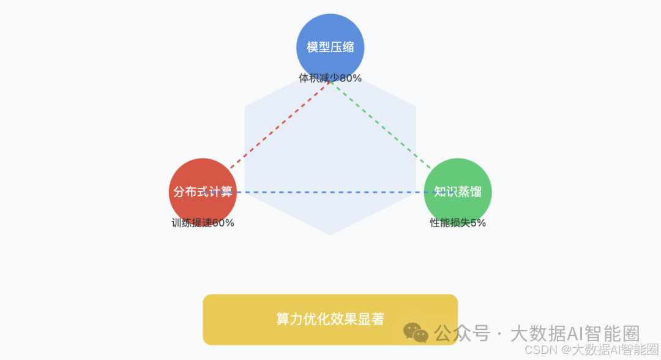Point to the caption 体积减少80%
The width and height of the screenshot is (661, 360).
[330, 78]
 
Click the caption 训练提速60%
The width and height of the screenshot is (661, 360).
[203, 223]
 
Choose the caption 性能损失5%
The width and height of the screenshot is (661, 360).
[458, 223]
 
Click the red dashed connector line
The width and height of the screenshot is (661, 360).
[278, 126]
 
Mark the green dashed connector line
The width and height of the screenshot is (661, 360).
[383, 126]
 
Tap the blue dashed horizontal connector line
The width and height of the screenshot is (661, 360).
[330, 192]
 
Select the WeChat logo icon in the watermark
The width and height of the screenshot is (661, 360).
[416, 333]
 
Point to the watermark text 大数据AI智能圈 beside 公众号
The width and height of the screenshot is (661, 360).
[575, 334]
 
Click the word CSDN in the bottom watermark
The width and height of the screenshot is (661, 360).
[539, 350]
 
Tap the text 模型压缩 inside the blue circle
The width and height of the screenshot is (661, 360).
[330, 47]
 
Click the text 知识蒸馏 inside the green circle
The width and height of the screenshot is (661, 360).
[458, 192]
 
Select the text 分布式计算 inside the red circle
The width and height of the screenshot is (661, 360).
[203, 192]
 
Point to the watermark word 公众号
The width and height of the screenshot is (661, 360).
[462, 334]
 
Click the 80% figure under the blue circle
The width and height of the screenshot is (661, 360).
[351, 78]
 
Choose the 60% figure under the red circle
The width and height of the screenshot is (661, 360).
[223, 223]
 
